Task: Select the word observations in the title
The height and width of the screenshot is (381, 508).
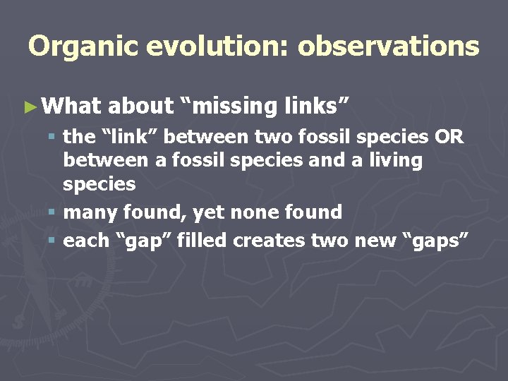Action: click(x=388, y=47)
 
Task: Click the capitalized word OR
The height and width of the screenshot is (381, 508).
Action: click(x=449, y=136)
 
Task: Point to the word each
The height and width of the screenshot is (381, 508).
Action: click(x=86, y=240)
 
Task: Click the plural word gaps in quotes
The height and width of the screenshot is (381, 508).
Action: click(x=434, y=241)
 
